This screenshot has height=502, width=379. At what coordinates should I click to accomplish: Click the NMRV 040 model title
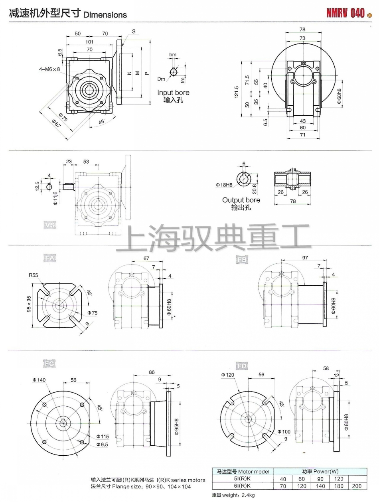(x=345, y=13)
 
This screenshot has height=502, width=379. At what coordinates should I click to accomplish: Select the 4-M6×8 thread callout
(x=49, y=69)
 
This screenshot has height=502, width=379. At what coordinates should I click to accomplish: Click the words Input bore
(x=173, y=93)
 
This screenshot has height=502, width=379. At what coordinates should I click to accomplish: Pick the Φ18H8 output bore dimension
(x=224, y=185)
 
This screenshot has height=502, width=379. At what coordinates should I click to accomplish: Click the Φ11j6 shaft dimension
(x=56, y=197)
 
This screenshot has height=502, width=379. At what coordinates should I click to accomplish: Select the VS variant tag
(x=50, y=225)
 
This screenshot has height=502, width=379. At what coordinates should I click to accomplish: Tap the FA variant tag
(x=50, y=259)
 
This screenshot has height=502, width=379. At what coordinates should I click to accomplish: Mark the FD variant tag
(x=241, y=366)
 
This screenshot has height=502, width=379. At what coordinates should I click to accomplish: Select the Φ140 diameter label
(x=39, y=380)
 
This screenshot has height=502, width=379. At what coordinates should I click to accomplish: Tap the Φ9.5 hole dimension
(x=103, y=445)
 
